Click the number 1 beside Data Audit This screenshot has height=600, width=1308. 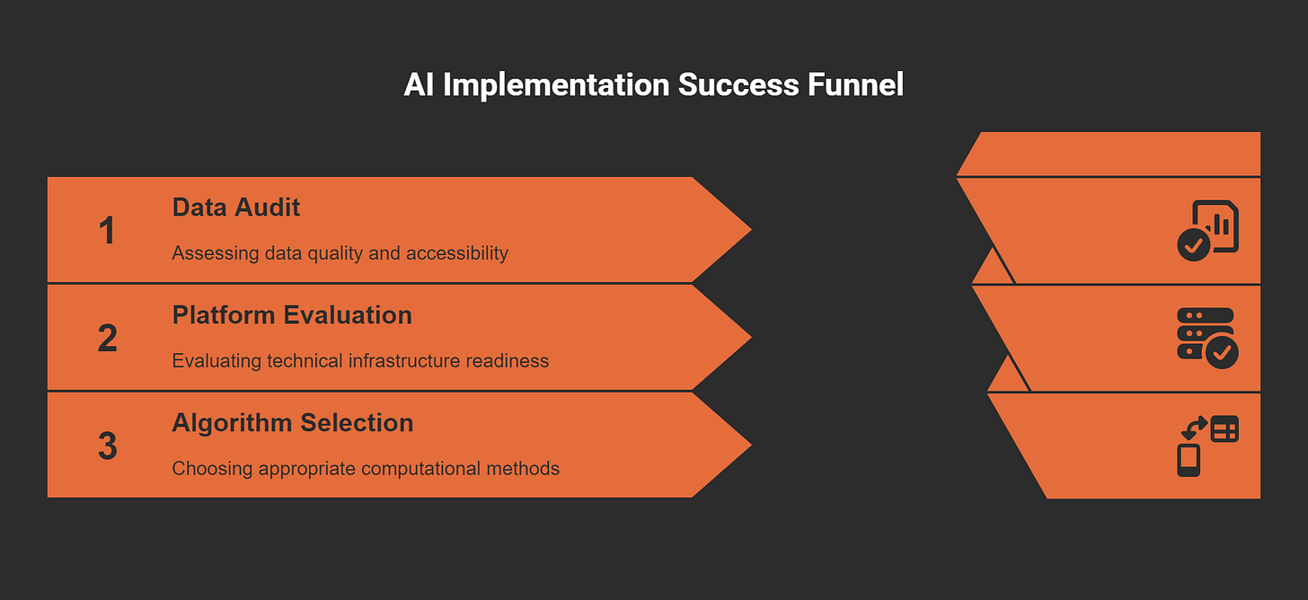[x=107, y=231]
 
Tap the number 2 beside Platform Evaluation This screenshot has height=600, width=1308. [x=107, y=339]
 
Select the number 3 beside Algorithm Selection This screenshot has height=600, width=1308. [x=107, y=446]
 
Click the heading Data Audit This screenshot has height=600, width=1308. [x=235, y=207]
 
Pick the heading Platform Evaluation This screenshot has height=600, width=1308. [x=292, y=315]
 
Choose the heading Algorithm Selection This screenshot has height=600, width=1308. [x=293, y=423]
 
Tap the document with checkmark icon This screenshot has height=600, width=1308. [x=1207, y=231]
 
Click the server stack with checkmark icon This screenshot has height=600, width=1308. [x=1207, y=338]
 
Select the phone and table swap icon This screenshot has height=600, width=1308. [x=1207, y=446]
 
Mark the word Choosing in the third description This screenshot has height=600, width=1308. [x=209, y=469]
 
